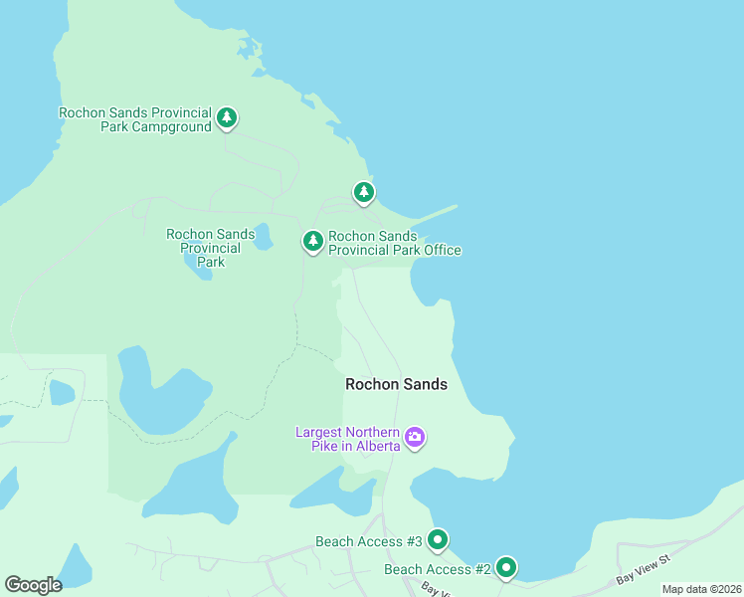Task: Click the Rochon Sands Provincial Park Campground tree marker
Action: point(227,118)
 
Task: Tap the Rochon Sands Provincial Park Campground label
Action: point(135,119)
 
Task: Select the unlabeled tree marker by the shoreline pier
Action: point(364,191)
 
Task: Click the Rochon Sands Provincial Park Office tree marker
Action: point(313,241)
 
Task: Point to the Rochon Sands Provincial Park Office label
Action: point(395,243)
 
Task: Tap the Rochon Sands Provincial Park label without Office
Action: point(210,248)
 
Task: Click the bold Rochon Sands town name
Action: point(396,384)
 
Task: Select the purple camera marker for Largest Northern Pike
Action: point(415,437)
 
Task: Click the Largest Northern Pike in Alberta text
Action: point(348,439)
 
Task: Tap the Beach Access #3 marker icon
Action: point(437,540)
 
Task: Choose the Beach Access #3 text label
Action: point(369,541)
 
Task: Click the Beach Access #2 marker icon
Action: point(506,568)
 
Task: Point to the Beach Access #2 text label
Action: point(438,569)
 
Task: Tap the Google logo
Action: point(33,584)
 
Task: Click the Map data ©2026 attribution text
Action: point(700,589)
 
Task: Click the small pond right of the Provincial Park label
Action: point(263,238)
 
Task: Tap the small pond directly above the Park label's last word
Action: point(197,267)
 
